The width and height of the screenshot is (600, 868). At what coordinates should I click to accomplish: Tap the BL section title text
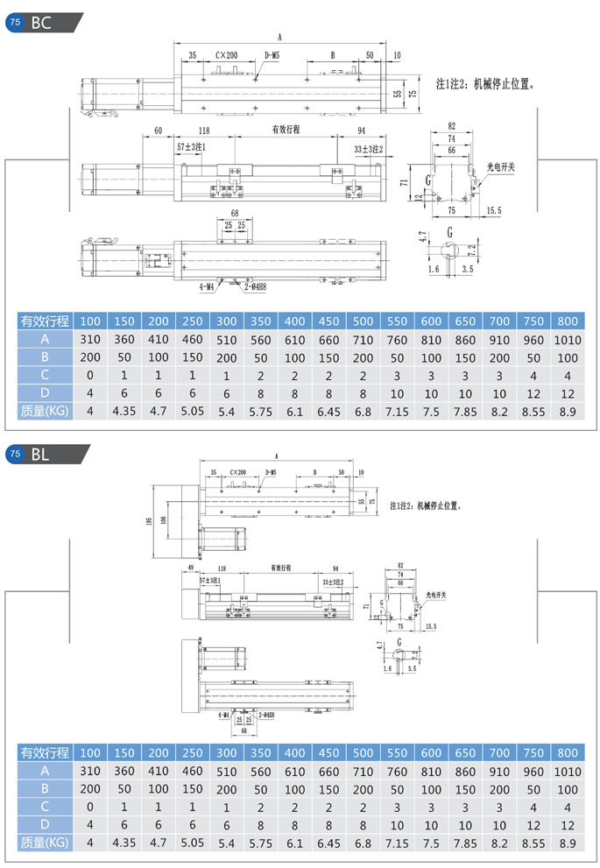click(40, 454)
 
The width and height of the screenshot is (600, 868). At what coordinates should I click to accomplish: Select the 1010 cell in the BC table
click(568, 340)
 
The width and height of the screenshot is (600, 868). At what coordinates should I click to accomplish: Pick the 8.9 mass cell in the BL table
click(568, 842)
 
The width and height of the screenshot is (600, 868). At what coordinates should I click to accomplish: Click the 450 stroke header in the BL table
click(328, 752)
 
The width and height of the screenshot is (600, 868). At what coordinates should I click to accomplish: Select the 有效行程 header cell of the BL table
click(44, 752)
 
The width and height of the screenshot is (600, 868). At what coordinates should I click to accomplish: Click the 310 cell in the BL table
click(90, 771)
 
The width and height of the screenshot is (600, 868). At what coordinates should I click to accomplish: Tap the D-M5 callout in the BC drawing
click(272, 54)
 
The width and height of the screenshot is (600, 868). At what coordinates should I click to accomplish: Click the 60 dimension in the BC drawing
click(158, 130)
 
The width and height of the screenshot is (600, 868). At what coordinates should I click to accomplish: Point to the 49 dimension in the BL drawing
click(189, 568)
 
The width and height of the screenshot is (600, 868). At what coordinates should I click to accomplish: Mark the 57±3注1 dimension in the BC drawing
click(191, 147)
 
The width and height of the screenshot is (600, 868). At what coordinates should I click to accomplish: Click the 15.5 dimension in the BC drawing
click(493, 210)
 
